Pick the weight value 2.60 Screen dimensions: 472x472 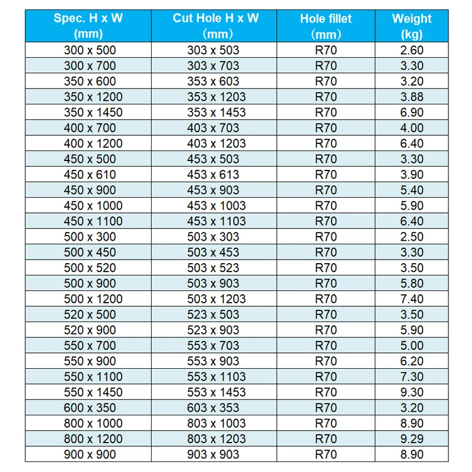(x=411, y=50)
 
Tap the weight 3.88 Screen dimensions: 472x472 (x=411, y=97)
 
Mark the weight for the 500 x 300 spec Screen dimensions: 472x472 (x=411, y=237)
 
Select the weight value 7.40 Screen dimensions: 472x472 (x=411, y=299)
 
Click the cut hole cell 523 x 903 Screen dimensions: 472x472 (x=214, y=330)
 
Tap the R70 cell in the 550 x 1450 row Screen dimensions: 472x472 (x=326, y=392)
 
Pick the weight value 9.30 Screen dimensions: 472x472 (x=411, y=392)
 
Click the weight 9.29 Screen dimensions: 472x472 (x=411, y=439)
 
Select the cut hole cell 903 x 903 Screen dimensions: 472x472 (x=214, y=454)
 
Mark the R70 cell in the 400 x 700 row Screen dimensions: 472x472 (x=326, y=128)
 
